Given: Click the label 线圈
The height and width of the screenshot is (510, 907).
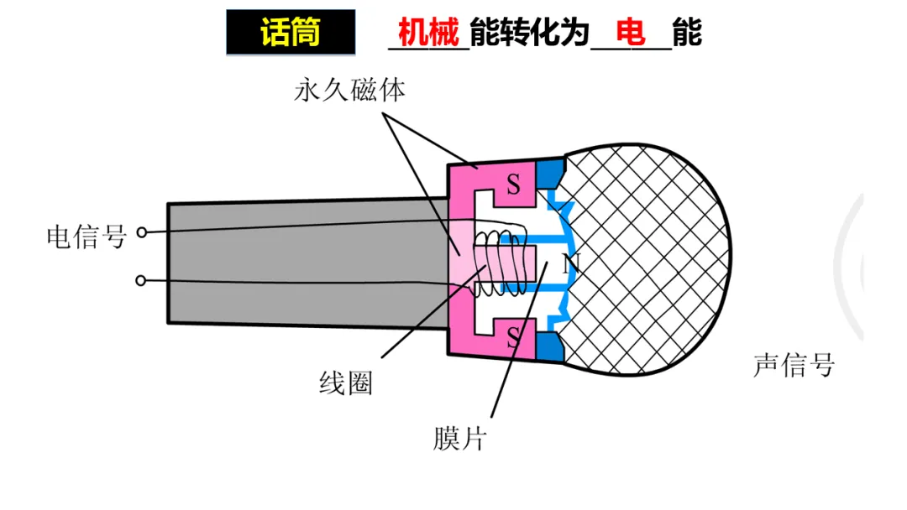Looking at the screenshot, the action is [345, 384].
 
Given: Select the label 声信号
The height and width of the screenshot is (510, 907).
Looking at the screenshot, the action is [794, 366].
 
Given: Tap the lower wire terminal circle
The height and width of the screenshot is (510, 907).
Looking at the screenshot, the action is [142, 280].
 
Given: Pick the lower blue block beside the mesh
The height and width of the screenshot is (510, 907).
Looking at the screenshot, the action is [550, 346].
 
